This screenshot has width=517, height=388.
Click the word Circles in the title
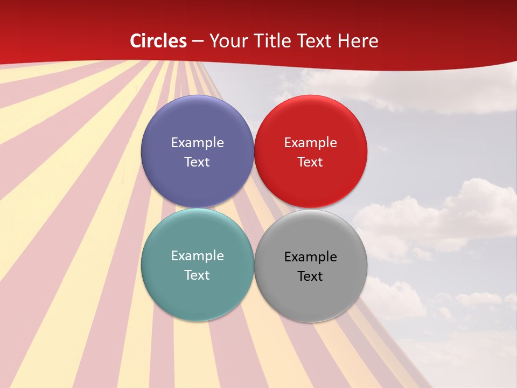point(158,41)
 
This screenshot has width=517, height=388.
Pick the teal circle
point(197,294)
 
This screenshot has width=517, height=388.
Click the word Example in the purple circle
point(197,143)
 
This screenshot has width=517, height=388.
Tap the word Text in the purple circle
point(197,162)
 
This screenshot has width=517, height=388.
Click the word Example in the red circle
point(311,143)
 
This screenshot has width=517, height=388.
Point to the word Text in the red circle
point(311,162)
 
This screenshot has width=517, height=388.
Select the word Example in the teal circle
point(197,256)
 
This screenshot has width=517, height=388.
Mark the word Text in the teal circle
point(197,275)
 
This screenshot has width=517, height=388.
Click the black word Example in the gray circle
point(311,257)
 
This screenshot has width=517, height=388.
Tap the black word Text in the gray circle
point(311,276)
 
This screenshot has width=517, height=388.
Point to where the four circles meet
point(254,208)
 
